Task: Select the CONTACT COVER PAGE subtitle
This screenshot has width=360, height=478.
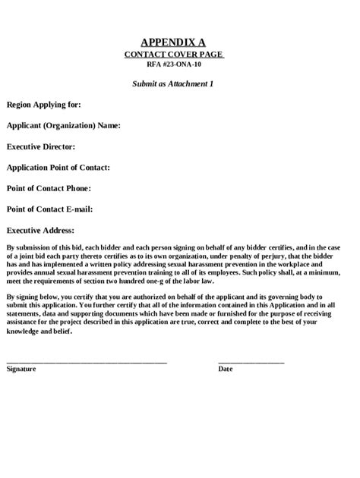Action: pyautogui.click(x=174, y=55)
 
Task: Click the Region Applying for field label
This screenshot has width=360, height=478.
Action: pyautogui.click(x=43, y=104)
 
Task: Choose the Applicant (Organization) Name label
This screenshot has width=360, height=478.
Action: pyautogui.click(x=63, y=125)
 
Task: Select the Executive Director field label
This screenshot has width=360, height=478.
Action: pyautogui.click(x=41, y=146)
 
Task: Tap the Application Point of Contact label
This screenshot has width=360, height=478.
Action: pyautogui.click(x=58, y=167)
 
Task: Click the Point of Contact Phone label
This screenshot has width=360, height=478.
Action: pyautogui.click(x=49, y=187)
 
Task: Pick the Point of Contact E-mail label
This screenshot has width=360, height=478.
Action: pyautogui.click(x=50, y=208)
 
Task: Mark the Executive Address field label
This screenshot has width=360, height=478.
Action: pyautogui.click(x=40, y=229)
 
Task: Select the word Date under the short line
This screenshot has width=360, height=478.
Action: pyautogui.click(x=226, y=370)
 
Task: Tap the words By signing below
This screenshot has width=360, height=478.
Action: pyautogui.click(x=31, y=296)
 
